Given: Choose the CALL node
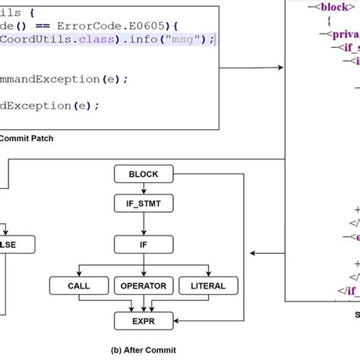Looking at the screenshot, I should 79,286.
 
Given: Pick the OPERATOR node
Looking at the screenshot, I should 143,286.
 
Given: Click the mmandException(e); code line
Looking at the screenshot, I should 65,78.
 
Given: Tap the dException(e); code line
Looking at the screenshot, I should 50,106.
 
